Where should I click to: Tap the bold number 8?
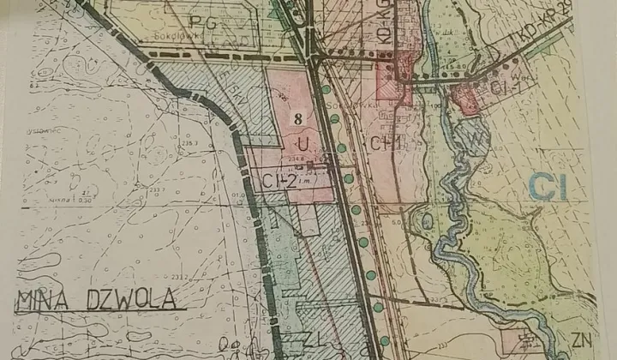(297, 119)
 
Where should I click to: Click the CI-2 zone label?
(279, 180)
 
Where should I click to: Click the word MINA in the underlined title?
(40, 300)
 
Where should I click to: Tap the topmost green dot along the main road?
(326, 89)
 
